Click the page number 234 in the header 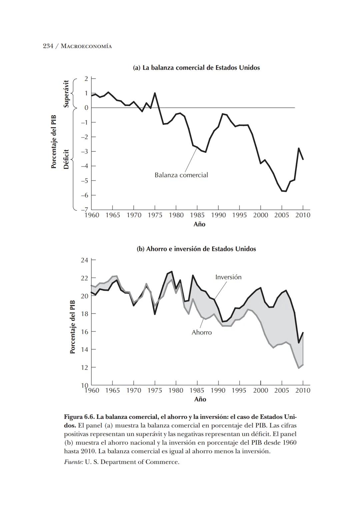point(48,46)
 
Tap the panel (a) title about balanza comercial point(196,68)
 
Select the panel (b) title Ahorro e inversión point(196,249)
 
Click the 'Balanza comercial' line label point(181,175)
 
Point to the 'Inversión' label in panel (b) point(228,277)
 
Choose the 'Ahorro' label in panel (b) point(201,333)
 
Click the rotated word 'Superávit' point(66,93)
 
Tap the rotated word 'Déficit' point(66,159)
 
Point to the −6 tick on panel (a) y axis point(84,195)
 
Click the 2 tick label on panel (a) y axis point(86,79)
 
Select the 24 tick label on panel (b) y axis point(85,260)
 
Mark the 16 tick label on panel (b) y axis point(85,332)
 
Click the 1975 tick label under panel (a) point(155,215)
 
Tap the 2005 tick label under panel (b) point(281,391)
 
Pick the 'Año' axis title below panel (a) point(199,224)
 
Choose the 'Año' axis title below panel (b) point(200,399)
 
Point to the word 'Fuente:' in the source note point(73,462)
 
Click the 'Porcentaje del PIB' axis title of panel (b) point(73,327)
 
